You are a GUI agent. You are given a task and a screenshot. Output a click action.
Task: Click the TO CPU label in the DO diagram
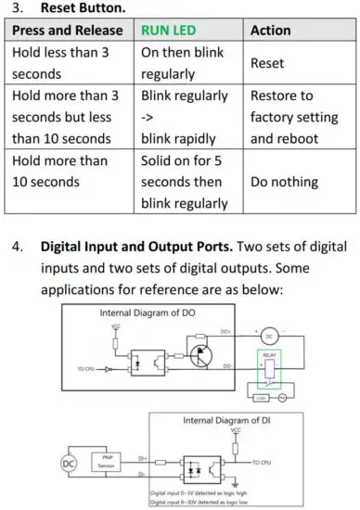point(77,368)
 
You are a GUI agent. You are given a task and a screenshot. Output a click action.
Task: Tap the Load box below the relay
point(263,396)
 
